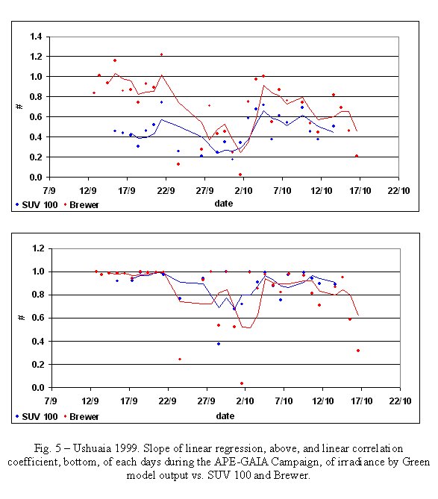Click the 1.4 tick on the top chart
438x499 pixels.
36,37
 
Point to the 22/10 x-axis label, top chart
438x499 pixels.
398,191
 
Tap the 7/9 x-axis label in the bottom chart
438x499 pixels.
51,401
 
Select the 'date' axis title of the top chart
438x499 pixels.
224,204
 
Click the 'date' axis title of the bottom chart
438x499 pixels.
225,416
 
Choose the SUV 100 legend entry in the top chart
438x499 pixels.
37,204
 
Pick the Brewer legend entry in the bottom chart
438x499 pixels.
81,416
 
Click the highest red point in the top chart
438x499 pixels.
161,54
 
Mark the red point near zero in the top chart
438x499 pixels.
240,175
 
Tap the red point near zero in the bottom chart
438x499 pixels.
242,383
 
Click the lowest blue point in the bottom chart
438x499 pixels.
219,344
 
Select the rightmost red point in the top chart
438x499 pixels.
357,156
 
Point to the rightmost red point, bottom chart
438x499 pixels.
358,351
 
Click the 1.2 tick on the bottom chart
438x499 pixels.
38,248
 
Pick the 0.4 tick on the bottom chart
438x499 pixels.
38,342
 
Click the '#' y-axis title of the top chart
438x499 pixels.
19,107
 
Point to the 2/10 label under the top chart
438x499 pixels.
243,191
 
